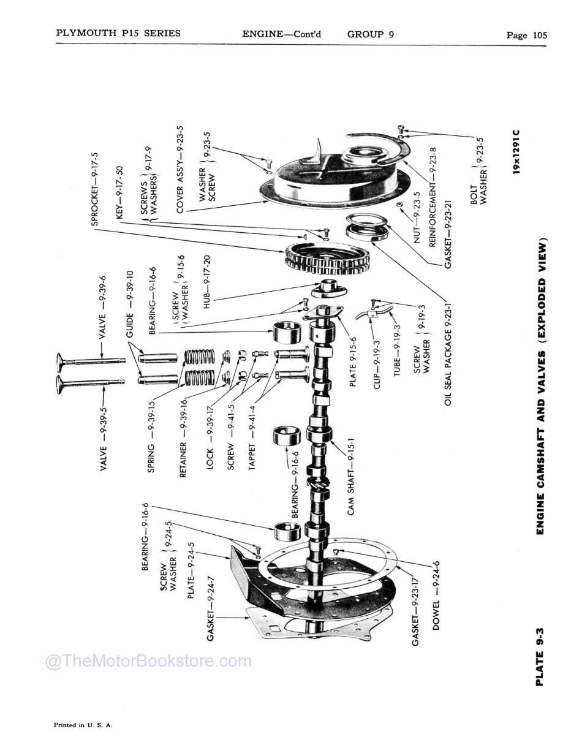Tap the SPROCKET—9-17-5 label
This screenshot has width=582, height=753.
96,189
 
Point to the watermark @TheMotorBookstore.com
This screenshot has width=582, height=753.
148,662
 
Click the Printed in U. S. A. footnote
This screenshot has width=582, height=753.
83,725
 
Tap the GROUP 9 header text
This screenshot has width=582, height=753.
370,34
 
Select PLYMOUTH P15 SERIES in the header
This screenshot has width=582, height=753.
118,33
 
